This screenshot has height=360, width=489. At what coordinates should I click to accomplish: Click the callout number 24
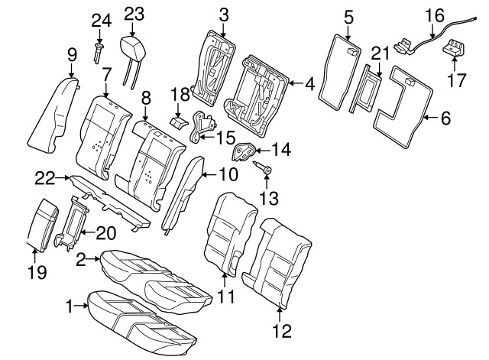[x=101, y=20]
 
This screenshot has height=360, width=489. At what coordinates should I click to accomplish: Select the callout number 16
[x=433, y=14]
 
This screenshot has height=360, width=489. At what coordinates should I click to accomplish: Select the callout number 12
[x=282, y=332]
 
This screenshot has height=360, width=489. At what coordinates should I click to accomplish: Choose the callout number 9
[x=72, y=54]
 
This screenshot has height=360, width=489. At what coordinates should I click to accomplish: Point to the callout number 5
[x=348, y=15]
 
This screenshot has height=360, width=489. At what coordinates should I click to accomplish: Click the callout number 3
[x=223, y=14]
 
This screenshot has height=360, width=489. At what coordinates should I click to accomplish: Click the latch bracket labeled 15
[x=202, y=126]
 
